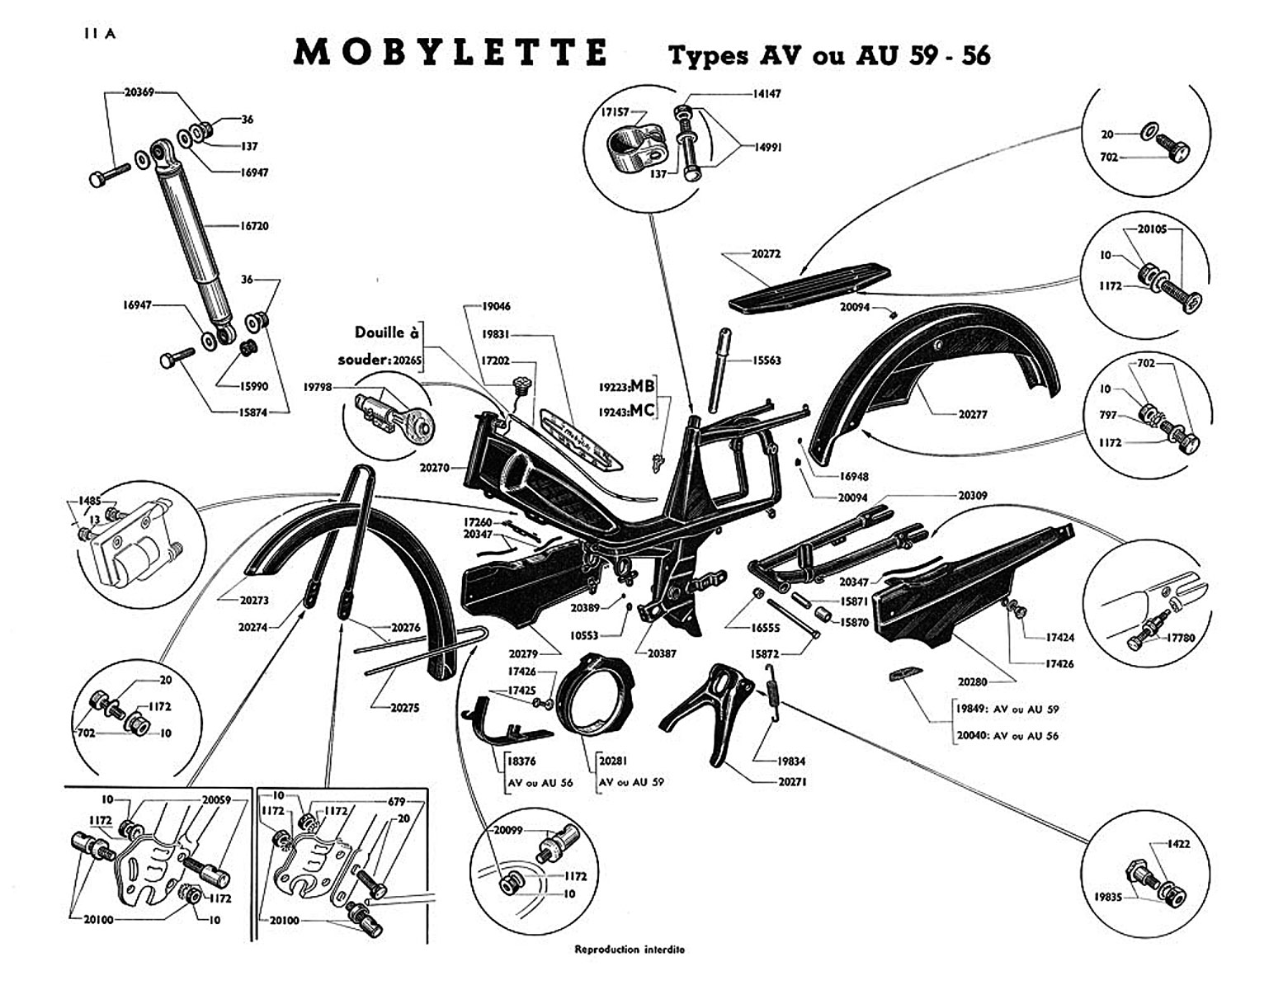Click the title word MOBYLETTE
point(451,52)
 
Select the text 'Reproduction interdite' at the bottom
point(630,950)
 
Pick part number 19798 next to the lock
point(319,386)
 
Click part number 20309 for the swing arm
point(972,496)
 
